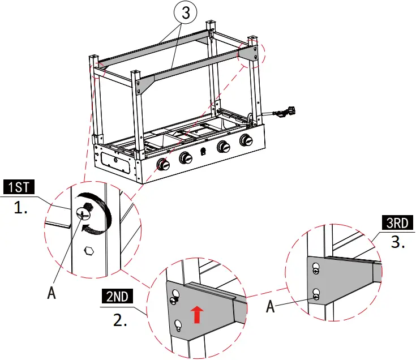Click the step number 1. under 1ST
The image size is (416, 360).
coord(21,208)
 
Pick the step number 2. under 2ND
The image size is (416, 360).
coord(120,320)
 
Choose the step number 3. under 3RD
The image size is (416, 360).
coord(398,243)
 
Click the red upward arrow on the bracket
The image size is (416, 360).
coord(196,314)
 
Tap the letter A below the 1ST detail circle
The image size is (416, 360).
coord(52,294)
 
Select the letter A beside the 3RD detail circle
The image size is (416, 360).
coord(271,307)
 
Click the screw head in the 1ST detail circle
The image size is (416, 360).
coord(84,214)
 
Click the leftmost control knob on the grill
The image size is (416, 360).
coord(164,165)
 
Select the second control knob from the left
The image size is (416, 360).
coord(186,158)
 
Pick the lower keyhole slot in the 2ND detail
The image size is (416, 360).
coord(179,324)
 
